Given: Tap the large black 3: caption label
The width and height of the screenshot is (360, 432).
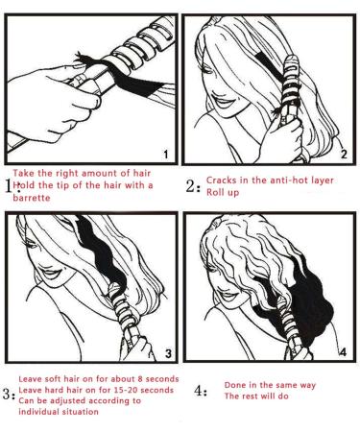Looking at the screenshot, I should click(9, 392).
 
